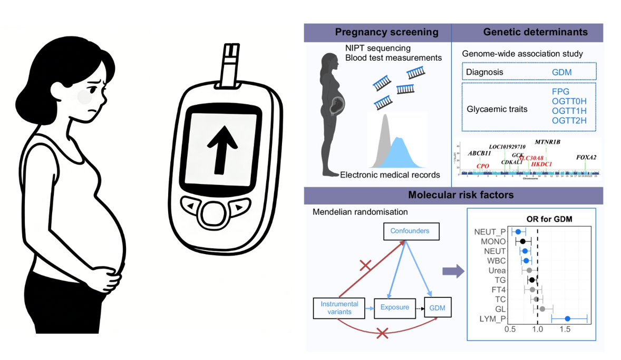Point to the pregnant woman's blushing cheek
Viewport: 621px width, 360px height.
tap(84, 97)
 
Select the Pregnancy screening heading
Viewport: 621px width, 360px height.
tap(386, 32)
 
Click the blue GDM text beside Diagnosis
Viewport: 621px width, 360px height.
tap(561, 72)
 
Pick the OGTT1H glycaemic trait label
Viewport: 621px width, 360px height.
tap(569, 111)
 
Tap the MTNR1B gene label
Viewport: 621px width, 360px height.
tap(547, 142)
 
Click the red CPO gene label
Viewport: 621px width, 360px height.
tap(482, 166)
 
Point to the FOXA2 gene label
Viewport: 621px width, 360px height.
tap(586, 157)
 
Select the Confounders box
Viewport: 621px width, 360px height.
tap(410, 231)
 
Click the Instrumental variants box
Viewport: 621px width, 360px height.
tap(339, 308)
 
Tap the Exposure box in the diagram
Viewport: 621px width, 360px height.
tap(394, 307)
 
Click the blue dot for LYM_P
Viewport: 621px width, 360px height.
tap(567, 318)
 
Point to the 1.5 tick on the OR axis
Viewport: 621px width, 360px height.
tap(565, 329)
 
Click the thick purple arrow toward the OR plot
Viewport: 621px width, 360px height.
tap(453, 271)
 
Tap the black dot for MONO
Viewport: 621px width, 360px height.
tap(522, 241)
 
